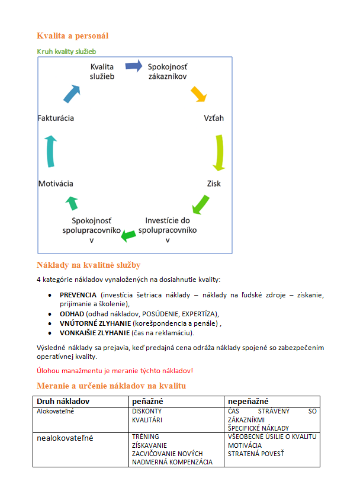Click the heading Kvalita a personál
(72, 36)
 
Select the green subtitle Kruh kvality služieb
(66, 52)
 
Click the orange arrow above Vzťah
(198, 94)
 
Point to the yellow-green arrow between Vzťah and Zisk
(218, 152)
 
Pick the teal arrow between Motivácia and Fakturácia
(51, 150)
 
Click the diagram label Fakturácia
(56, 118)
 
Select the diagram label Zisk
(214, 184)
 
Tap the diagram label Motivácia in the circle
(56, 184)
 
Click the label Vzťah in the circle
(214, 118)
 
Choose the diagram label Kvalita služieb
(102, 71)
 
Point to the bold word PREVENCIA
(78, 295)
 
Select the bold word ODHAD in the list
(72, 313)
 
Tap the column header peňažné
(148, 402)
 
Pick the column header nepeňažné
(248, 402)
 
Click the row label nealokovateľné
(65, 438)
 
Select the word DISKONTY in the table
(147, 410)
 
